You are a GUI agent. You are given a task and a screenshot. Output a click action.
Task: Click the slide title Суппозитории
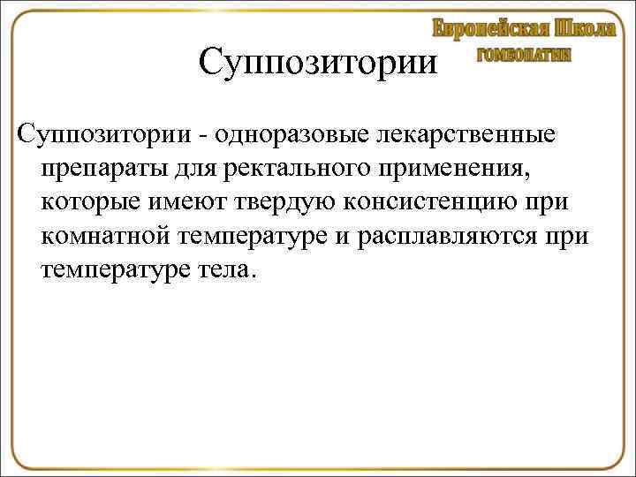pyautogui.click(x=317, y=64)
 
